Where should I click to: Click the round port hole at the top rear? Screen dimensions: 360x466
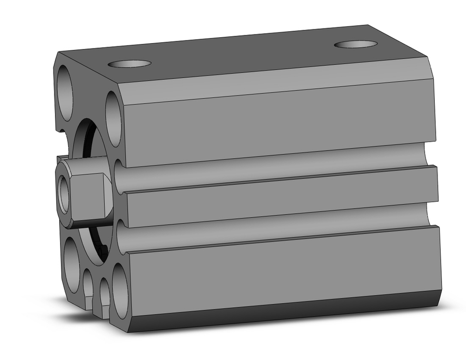pos(356,44)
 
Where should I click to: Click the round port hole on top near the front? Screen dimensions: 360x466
pos(130,63)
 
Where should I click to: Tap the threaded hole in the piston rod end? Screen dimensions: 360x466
pos(64,193)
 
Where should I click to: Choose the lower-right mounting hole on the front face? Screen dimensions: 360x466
pos(120,291)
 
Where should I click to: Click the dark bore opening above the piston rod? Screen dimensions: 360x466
pos(89,140)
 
